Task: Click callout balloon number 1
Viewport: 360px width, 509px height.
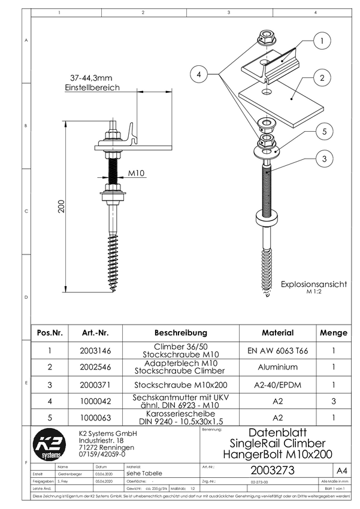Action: coord(322,41)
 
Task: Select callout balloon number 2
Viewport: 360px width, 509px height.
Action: coord(322,78)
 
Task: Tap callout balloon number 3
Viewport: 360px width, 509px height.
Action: coord(323,159)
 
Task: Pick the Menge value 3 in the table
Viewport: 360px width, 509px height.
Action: coord(333,402)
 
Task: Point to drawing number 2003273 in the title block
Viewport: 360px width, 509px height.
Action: coord(273,471)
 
